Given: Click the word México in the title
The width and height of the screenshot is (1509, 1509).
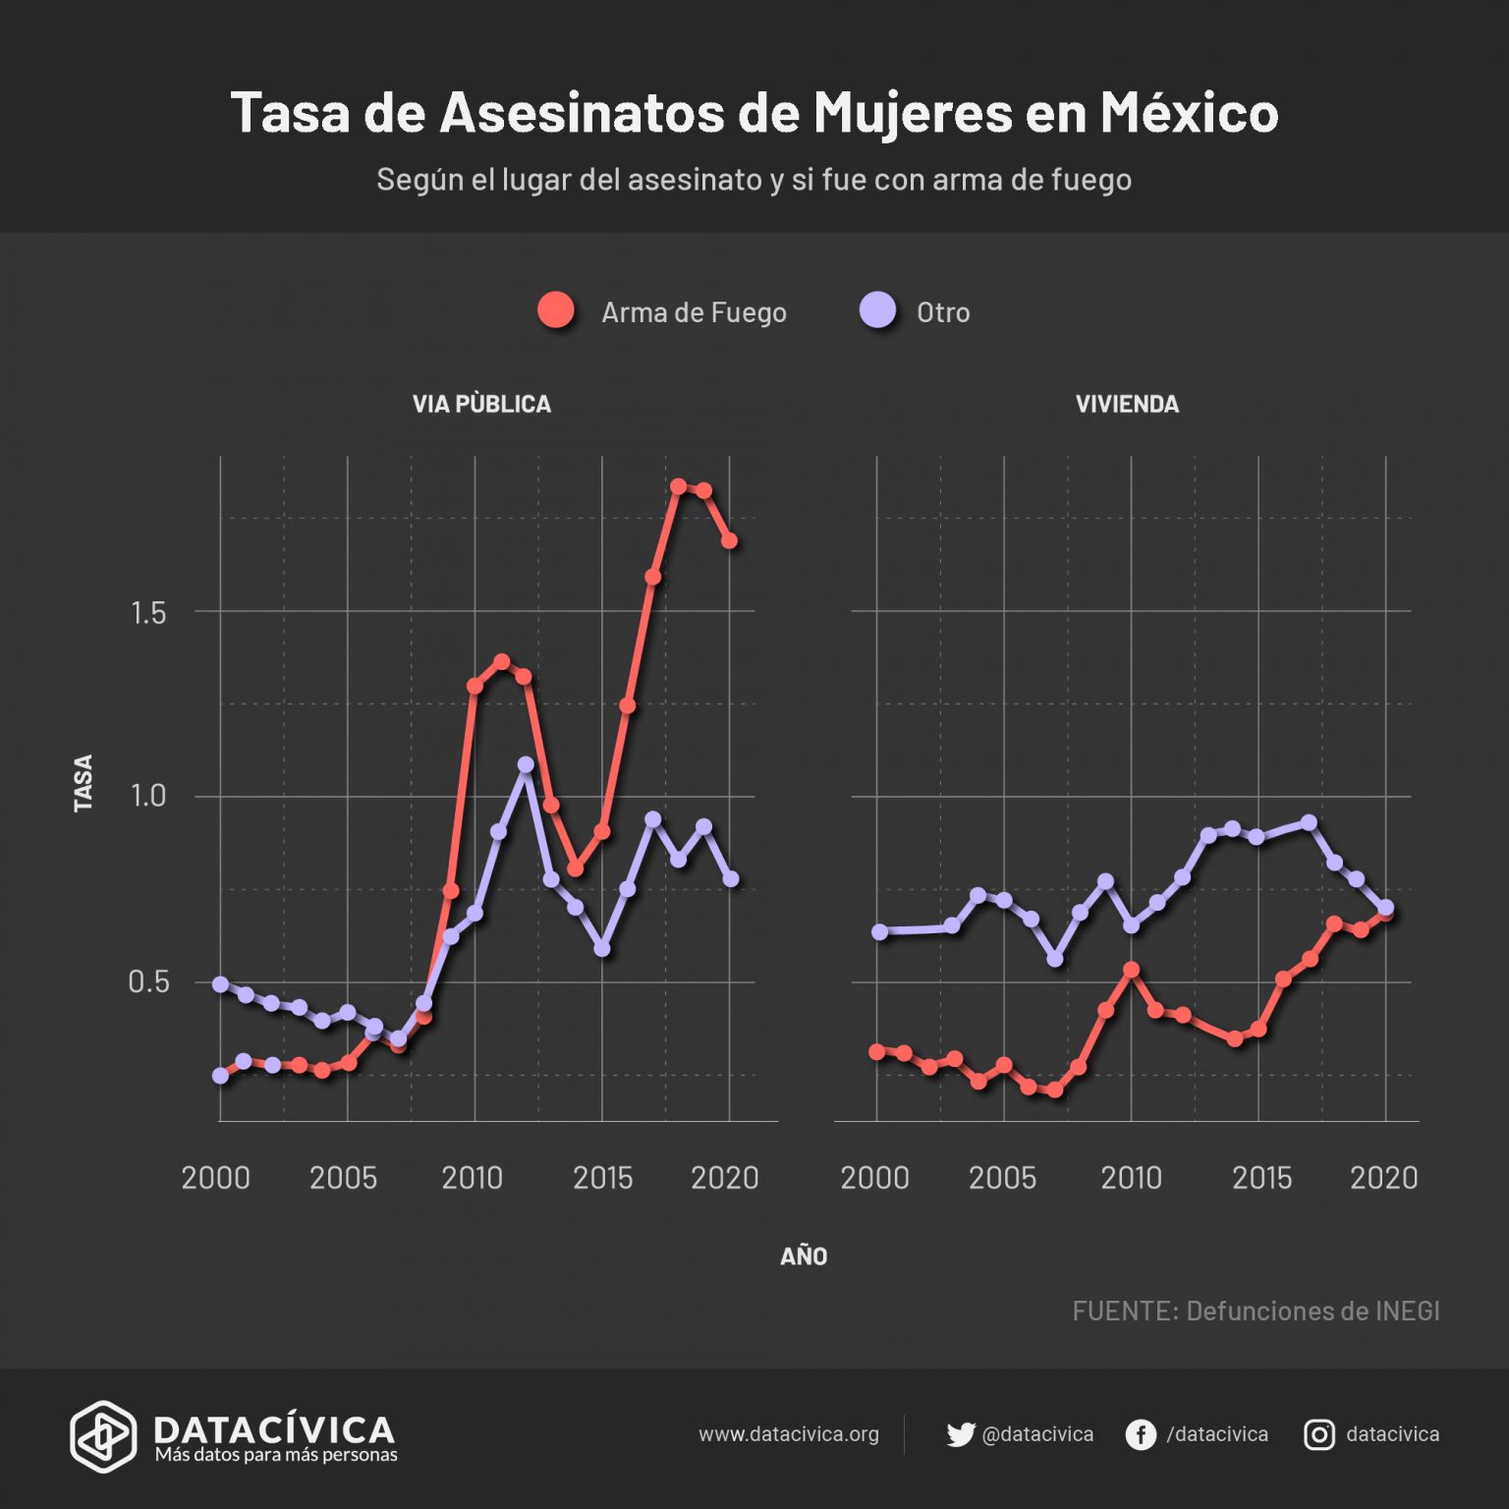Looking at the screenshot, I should pos(1189,112).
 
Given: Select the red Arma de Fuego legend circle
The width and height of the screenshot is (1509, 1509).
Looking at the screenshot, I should pos(556,310).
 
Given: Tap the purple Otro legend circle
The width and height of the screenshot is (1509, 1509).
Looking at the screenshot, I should pos(877,309).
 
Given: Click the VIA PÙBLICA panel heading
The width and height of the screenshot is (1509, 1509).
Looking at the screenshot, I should pos(481,404).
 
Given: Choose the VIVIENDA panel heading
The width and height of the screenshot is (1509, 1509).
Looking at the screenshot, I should pos(1127,404).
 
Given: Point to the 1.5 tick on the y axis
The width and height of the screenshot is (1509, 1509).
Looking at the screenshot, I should pos(148,613).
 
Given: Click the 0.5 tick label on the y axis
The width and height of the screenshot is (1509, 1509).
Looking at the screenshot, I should pos(148,981).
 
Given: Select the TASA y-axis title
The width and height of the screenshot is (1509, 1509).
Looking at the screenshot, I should pos(84,783).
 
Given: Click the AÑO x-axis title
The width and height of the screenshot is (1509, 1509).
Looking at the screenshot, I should pos(804,1257).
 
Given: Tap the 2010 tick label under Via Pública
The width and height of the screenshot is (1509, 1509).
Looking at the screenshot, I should pos(472,1177).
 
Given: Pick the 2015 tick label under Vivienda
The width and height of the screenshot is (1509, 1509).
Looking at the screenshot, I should pos(1261,1177).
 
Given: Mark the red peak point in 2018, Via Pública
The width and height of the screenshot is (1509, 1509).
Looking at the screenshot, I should pos(678,486).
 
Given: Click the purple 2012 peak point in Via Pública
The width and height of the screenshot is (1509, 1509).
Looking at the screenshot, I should pos(526,764).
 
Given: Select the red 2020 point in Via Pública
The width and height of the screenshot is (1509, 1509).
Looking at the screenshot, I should pos(729,541).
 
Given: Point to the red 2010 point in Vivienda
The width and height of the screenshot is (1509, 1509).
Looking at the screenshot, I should pos(1131,970).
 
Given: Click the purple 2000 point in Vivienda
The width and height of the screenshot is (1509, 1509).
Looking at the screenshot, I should pos(879,931).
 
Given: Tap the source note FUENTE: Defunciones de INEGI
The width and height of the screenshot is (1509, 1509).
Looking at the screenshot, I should pos(1256,1311).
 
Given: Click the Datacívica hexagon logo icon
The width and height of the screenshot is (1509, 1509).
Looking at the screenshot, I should pos(102,1436).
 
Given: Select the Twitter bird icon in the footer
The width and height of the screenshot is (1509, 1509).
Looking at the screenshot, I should pos(960,1434).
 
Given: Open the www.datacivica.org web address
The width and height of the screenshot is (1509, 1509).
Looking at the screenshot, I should pos(788,1434).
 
